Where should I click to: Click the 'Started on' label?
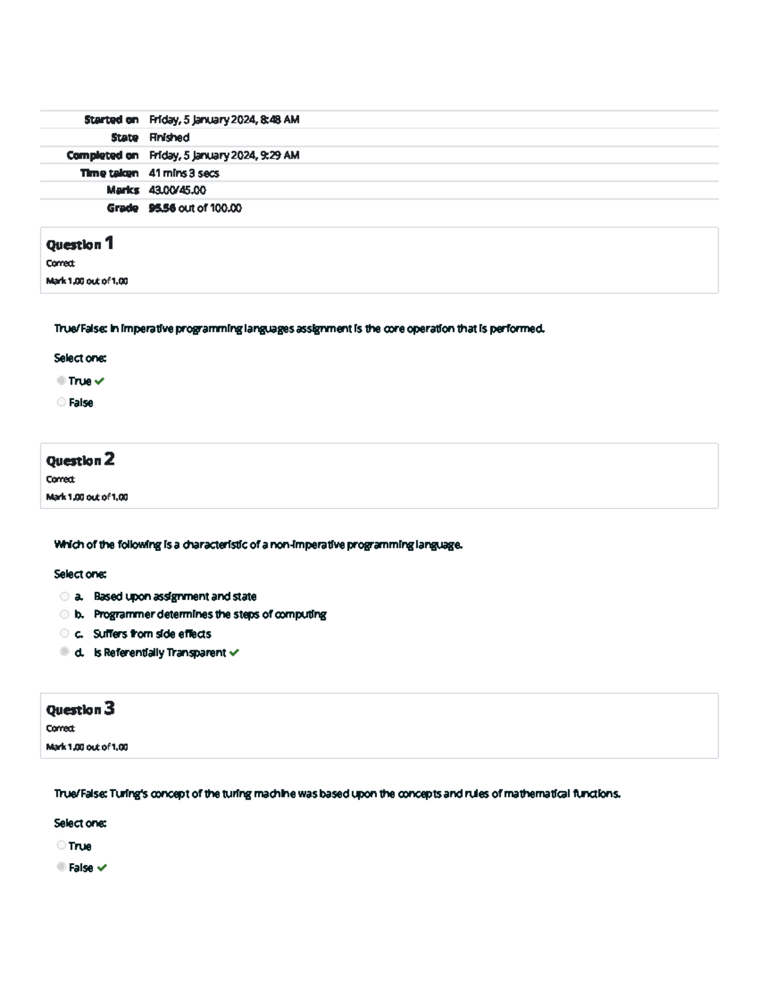tap(111, 120)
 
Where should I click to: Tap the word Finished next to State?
tap(169, 137)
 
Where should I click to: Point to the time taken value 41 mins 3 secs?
tap(184, 173)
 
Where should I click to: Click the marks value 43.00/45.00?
tap(177, 190)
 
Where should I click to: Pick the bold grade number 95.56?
tap(162, 208)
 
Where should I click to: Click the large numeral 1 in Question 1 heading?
tap(109, 243)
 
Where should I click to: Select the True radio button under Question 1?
tap(61, 380)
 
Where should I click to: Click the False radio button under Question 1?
tap(61, 402)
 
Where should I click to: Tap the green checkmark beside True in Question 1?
tap(99, 381)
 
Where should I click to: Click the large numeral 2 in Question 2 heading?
tap(109, 459)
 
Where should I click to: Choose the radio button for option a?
tap(64, 596)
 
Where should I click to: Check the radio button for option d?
tap(64, 651)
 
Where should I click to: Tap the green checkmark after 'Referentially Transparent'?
tap(235, 653)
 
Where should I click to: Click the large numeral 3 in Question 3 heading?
tap(109, 708)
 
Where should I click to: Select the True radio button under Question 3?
tap(61, 845)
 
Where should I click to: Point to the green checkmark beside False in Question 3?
tap(102, 868)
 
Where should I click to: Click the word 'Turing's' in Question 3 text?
tap(128, 794)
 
